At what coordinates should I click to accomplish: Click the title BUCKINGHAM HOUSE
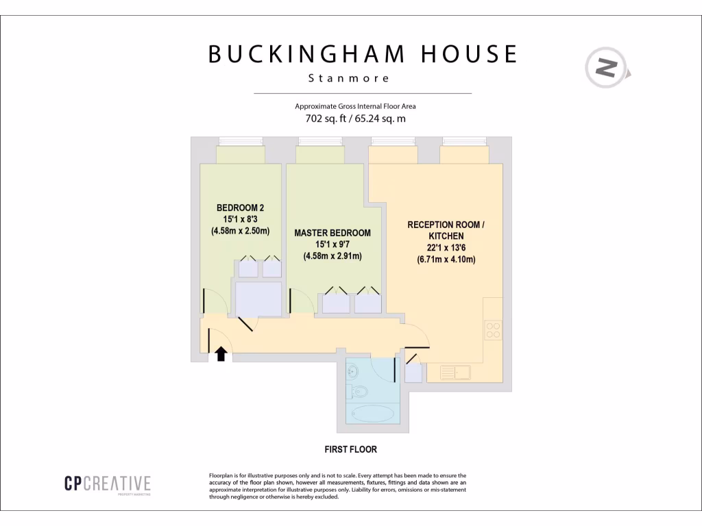363,54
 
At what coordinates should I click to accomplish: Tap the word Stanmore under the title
349,78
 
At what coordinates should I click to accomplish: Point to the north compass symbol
607,68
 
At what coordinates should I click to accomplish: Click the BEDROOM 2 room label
240,208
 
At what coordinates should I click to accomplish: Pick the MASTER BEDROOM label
332,233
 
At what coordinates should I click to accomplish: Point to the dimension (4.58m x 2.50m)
240,231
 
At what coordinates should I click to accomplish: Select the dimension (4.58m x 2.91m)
332,256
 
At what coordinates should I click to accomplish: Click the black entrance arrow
221,353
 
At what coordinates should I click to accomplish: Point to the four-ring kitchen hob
492,330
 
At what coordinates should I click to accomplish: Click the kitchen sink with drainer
455,373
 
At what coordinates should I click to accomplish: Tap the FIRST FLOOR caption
350,450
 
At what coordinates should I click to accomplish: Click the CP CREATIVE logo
108,484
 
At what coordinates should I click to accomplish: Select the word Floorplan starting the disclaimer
221,475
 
